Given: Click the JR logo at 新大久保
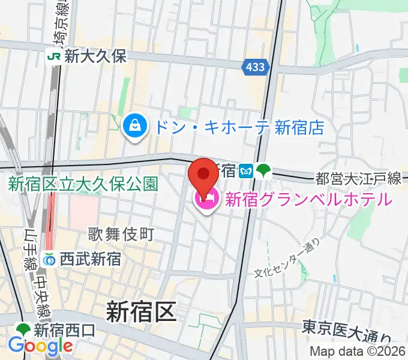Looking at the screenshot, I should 54,56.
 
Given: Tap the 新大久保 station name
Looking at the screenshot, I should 95,56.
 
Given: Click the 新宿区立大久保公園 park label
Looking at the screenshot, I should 83,184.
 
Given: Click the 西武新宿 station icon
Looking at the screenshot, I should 50,259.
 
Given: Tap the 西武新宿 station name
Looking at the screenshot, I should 90,259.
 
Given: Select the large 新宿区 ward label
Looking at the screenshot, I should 141,312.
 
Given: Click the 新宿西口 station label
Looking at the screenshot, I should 64,330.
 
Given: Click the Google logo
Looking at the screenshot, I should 40,346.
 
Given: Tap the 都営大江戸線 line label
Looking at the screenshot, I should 358,178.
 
